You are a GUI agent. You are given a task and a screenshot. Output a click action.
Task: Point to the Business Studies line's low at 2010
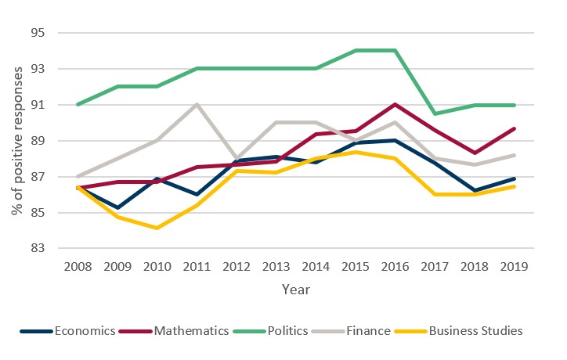tap(159, 228)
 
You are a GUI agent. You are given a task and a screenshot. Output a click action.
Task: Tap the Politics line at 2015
tap(356, 51)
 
